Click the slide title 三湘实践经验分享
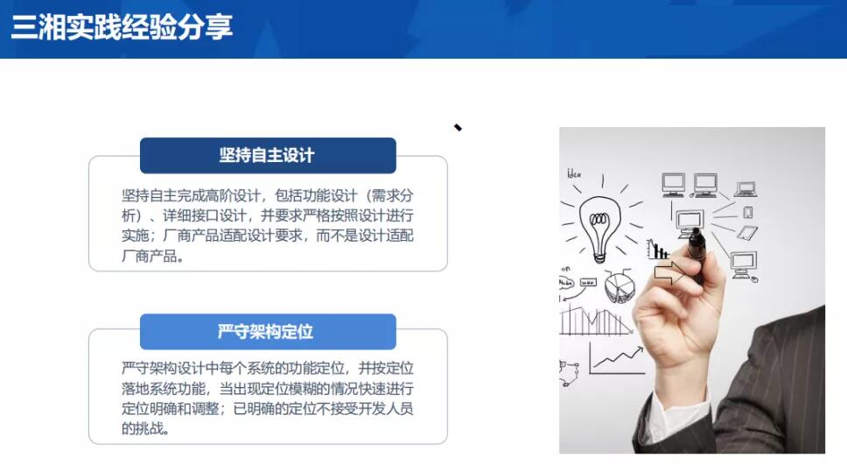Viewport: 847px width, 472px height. point(122,27)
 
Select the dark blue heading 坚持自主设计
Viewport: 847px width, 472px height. point(267,155)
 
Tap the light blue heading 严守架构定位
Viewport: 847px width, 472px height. point(265,331)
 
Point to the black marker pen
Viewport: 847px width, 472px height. point(696,255)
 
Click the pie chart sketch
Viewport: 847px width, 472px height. point(619,286)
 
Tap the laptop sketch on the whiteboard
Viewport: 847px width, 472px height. point(746,189)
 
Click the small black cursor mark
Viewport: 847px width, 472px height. point(458,128)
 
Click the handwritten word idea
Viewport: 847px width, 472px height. point(574,173)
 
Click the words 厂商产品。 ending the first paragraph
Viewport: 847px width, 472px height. point(153,256)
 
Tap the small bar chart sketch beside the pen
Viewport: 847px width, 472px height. point(658,250)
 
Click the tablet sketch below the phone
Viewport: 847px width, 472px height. point(747,233)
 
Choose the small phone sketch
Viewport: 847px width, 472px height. point(748,213)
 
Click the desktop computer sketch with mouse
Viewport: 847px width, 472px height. point(745,266)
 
